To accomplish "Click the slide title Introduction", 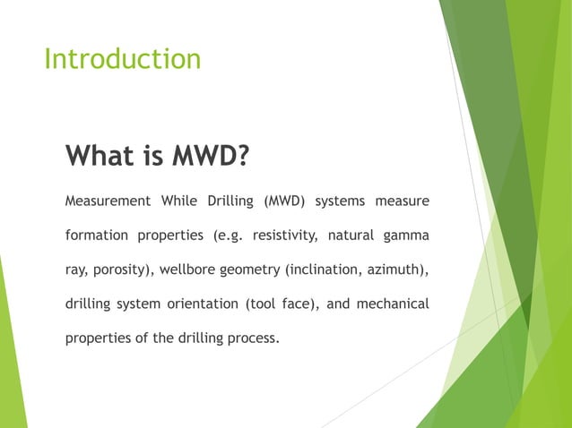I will [122, 59].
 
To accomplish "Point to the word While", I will [183, 201].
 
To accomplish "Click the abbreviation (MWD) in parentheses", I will [284, 201].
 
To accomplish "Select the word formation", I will [95, 235].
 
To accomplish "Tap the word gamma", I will [409, 236].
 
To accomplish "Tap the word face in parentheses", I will [293, 304].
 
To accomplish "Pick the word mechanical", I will [392, 304].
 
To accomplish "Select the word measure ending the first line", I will [402, 201].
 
